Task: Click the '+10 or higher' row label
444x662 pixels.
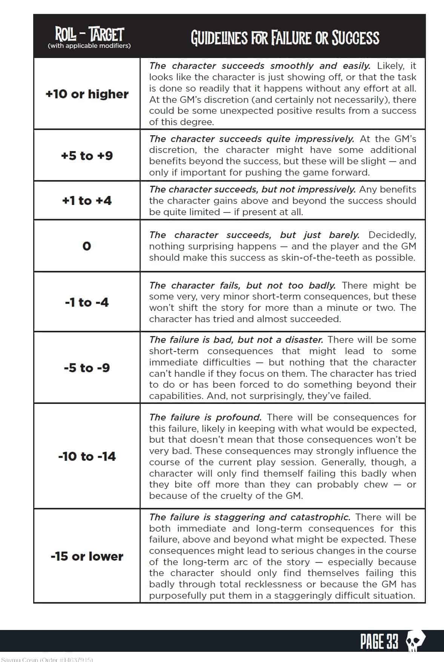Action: (87, 94)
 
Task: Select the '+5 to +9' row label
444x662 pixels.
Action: (87, 156)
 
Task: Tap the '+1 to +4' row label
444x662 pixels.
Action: (87, 200)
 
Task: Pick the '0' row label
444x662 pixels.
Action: (87, 246)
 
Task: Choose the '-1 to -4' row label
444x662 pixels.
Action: (87, 302)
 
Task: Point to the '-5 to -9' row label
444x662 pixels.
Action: (87, 368)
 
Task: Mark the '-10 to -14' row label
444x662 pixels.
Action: (87, 456)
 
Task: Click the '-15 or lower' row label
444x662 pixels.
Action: (87, 556)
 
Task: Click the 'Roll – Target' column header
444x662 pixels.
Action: (89, 35)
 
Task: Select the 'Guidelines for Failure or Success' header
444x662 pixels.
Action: (285, 38)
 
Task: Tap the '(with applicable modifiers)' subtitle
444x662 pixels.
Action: (89, 46)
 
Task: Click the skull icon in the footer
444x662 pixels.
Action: (415, 642)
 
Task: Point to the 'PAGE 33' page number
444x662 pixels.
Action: (379, 642)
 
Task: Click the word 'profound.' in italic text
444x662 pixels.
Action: (238, 417)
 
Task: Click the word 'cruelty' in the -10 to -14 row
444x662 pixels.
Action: (218, 496)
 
